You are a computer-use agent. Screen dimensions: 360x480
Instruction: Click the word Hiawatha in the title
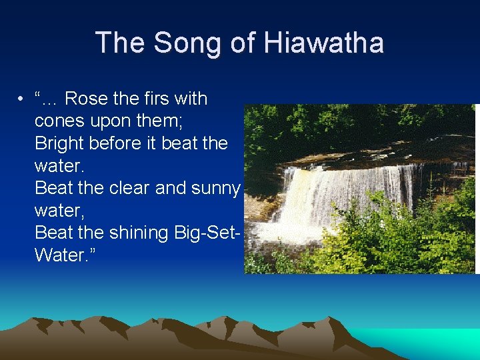323,43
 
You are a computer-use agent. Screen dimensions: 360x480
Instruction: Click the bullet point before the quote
22,99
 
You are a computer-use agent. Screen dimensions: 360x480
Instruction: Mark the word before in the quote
130,143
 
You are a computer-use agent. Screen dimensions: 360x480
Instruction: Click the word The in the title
119,43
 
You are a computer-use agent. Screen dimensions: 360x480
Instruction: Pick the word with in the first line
191,99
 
